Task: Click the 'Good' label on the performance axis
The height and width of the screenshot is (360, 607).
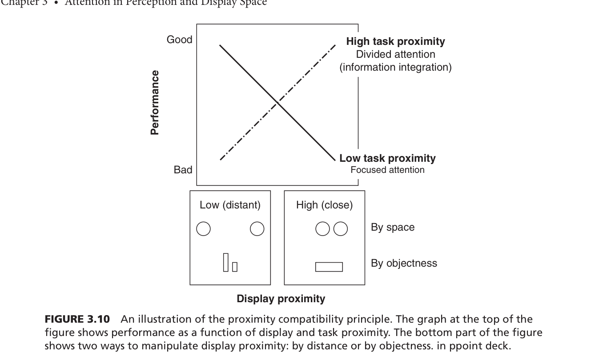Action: click(x=179, y=40)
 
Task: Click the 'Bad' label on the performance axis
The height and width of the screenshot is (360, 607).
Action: click(x=183, y=170)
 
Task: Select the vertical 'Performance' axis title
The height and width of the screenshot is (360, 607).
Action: click(x=155, y=102)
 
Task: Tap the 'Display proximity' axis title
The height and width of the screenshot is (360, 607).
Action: click(x=281, y=299)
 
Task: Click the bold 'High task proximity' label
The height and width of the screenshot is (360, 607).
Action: click(x=395, y=41)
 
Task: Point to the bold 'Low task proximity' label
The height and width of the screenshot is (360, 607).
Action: click(x=387, y=158)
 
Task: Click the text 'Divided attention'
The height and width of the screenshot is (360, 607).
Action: click(x=395, y=54)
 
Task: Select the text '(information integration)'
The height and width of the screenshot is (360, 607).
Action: click(x=395, y=67)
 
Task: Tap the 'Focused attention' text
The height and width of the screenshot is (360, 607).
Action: click(x=387, y=170)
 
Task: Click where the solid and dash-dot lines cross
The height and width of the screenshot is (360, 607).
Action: click(x=277, y=103)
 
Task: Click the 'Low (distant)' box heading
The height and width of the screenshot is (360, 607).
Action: click(x=230, y=205)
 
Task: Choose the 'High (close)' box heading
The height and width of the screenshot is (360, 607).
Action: click(x=324, y=205)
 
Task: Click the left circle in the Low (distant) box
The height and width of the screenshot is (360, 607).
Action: click(x=203, y=228)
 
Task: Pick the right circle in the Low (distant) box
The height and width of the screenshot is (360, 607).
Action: click(x=257, y=228)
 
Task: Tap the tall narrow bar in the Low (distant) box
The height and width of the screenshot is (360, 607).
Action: click(x=226, y=262)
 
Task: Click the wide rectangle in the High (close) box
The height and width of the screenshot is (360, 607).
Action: click(x=329, y=267)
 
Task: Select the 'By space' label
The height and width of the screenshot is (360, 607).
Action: click(x=393, y=227)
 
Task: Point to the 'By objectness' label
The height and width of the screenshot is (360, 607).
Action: click(x=404, y=263)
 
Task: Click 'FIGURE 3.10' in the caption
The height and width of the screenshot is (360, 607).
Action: click(x=77, y=319)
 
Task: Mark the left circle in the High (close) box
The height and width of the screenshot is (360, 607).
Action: click(x=322, y=228)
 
